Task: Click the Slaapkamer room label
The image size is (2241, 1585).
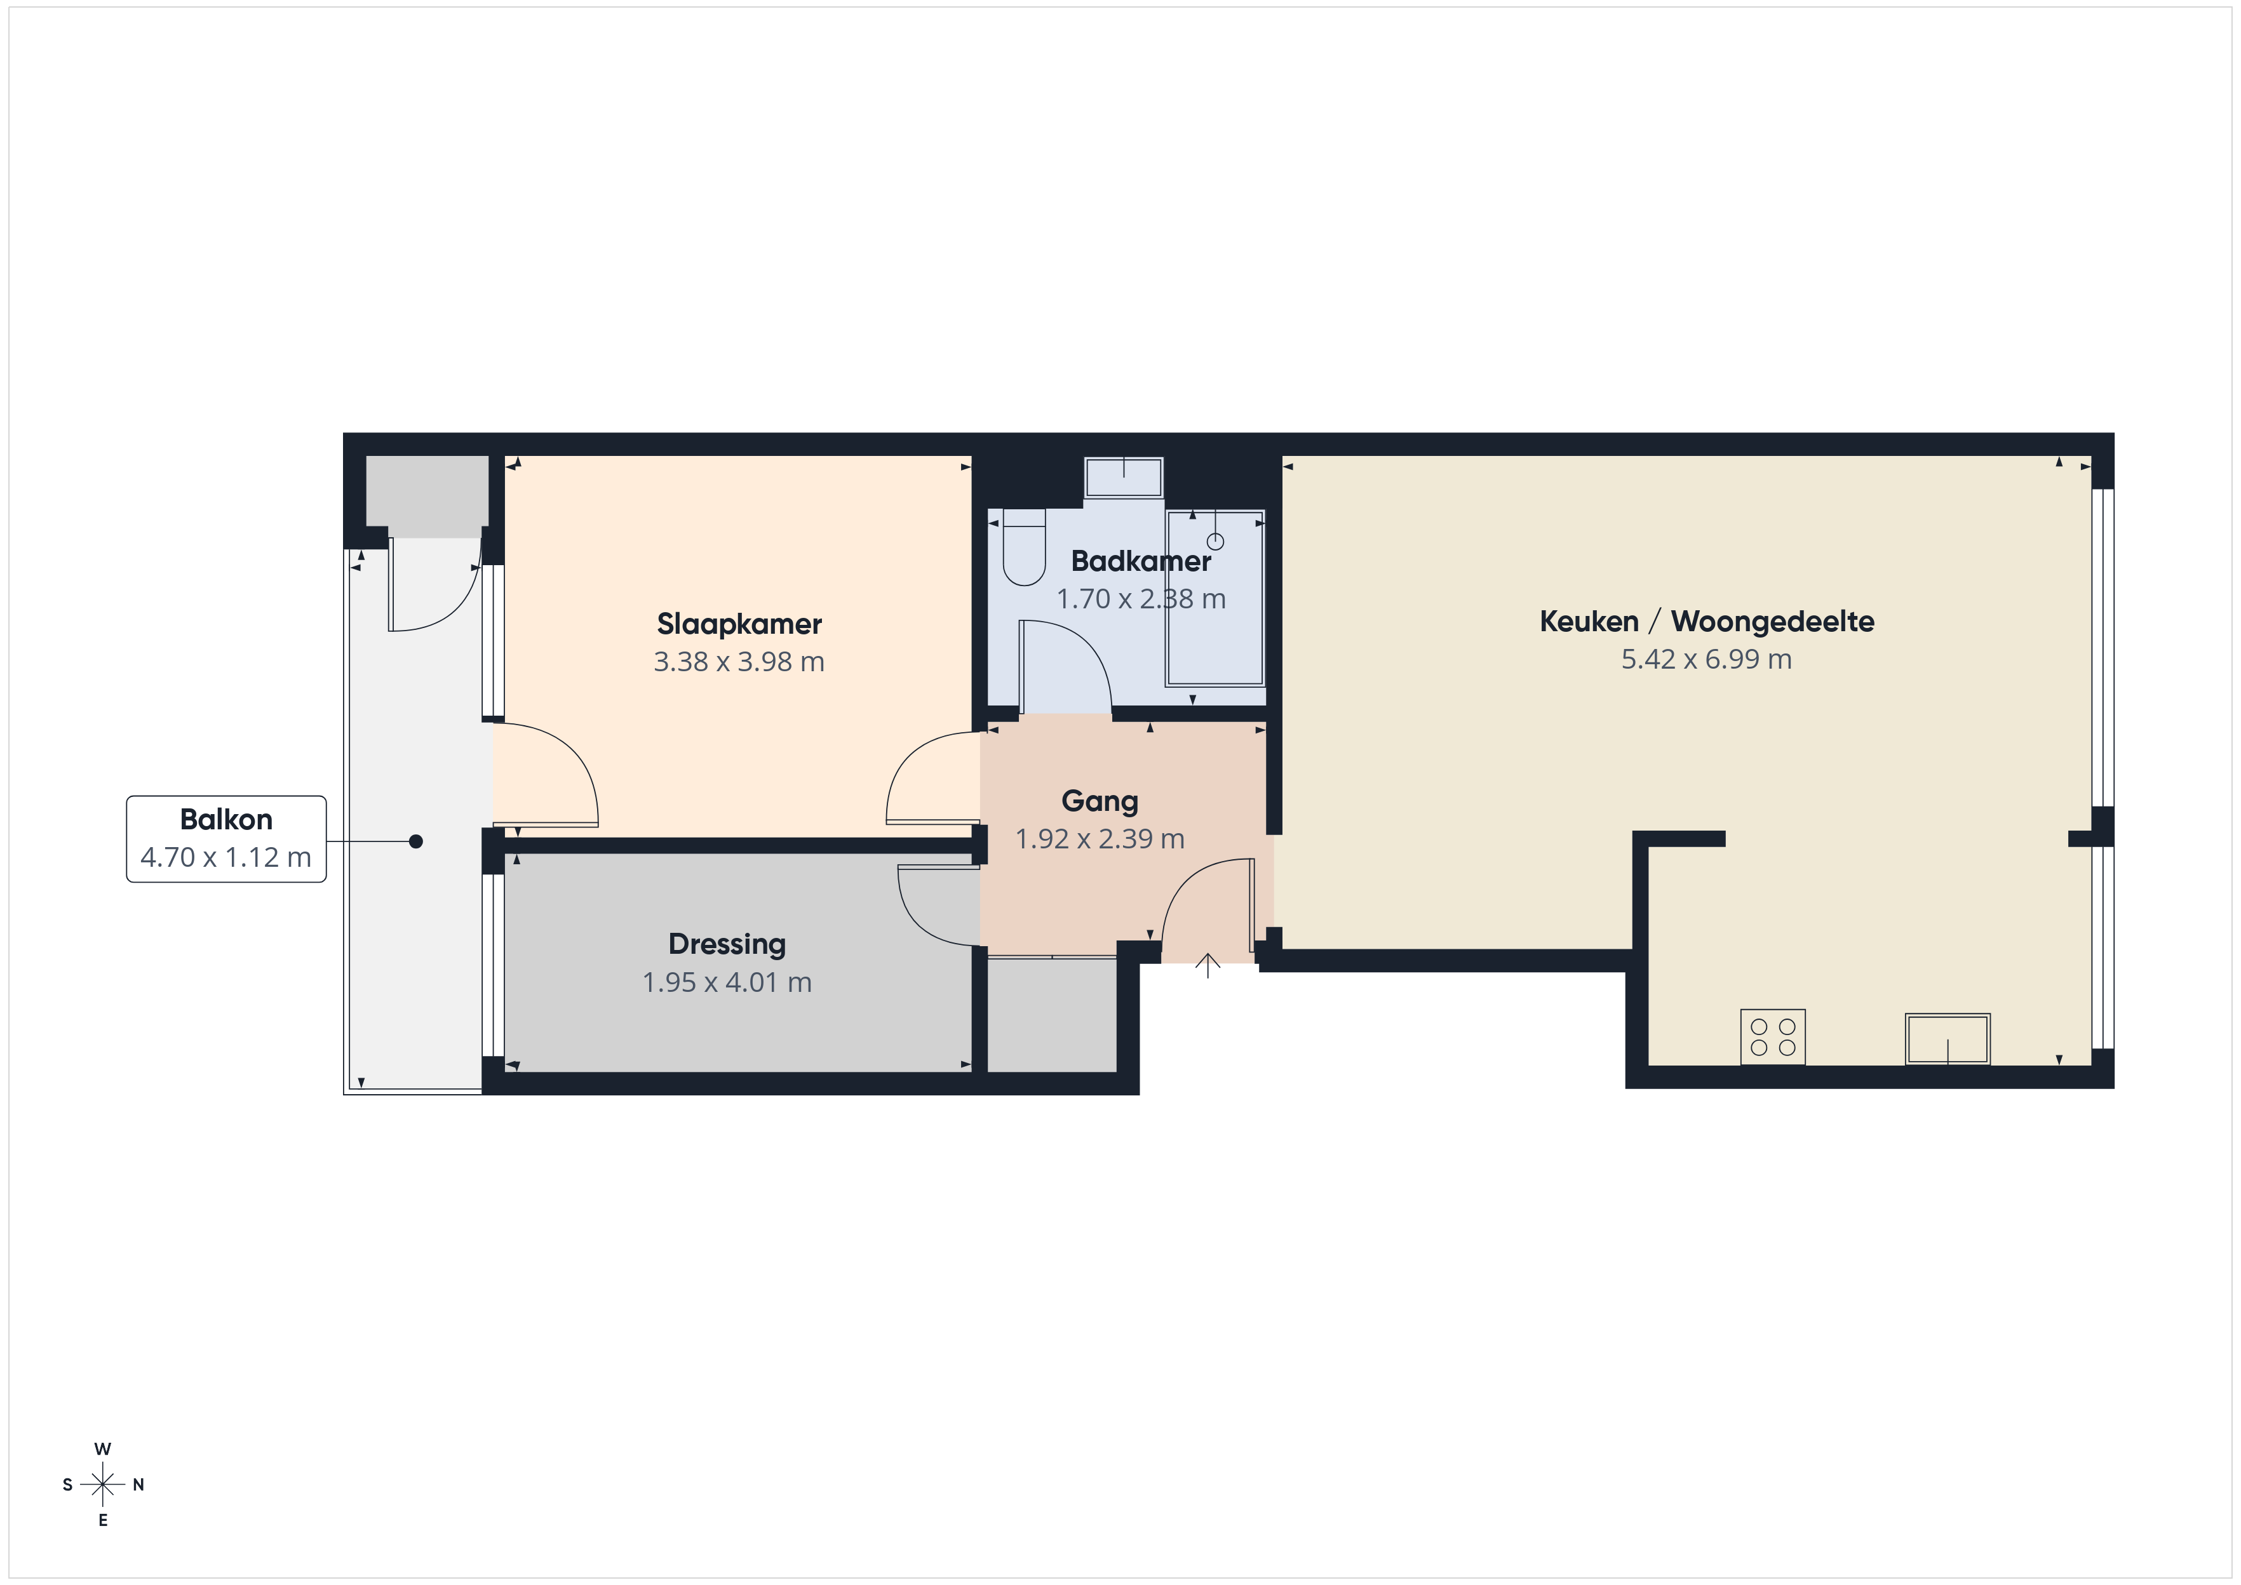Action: point(739,624)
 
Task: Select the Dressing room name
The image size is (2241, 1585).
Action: point(727,945)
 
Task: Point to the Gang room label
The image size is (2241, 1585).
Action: point(1100,801)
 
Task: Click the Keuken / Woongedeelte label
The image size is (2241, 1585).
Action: point(1707,622)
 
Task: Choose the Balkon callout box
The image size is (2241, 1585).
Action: point(226,839)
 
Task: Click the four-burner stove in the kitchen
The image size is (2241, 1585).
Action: point(1772,1036)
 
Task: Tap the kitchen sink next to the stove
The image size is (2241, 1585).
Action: point(1947,1038)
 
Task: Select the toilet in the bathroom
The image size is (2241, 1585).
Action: point(1024,547)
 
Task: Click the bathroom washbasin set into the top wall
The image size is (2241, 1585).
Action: point(1124,478)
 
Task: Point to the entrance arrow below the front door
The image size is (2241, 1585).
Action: point(1208,965)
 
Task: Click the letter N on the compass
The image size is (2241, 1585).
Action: point(138,1485)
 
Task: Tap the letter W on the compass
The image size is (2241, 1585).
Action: point(102,1448)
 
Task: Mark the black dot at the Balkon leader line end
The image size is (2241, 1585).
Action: point(416,841)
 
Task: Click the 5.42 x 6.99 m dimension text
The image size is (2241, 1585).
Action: point(1707,660)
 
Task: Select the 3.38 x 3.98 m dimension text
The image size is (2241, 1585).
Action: point(739,662)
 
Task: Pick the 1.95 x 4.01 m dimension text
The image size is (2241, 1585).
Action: point(727,983)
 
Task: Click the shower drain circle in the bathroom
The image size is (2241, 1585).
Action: point(1215,542)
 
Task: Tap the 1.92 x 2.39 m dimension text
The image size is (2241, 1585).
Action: point(1100,839)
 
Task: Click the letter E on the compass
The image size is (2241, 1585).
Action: point(102,1521)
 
